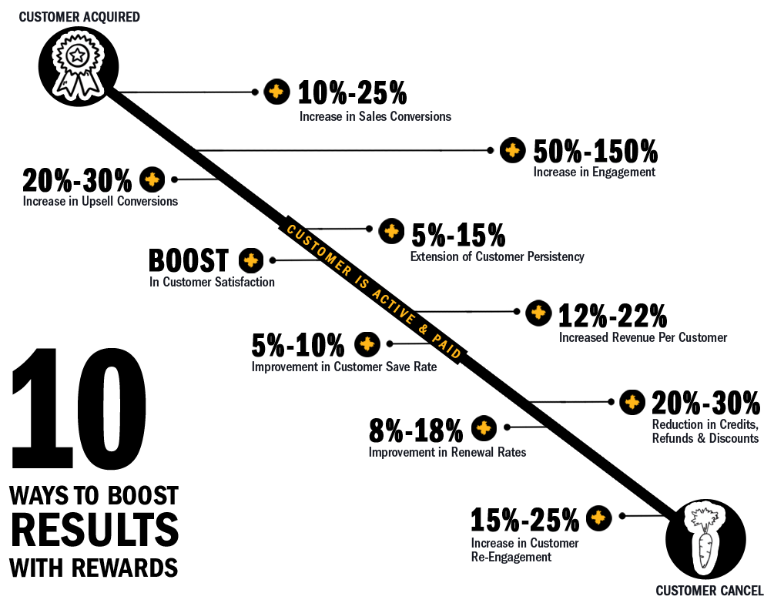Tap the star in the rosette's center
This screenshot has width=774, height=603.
click(77, 55)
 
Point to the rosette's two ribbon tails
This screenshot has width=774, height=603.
click(77, 85)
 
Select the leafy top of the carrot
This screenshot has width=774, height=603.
click(704, 514)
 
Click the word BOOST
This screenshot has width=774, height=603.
click(143, 495)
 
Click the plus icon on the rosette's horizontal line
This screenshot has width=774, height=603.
click(276, 92)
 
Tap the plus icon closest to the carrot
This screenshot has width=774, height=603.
click(598, 518)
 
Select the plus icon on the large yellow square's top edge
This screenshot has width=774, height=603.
click(391, 231)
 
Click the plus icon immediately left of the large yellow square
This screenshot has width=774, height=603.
click(250, 260)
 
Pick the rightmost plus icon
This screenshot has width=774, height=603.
click(632, 401)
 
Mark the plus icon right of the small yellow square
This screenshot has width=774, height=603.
click(538, 312)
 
